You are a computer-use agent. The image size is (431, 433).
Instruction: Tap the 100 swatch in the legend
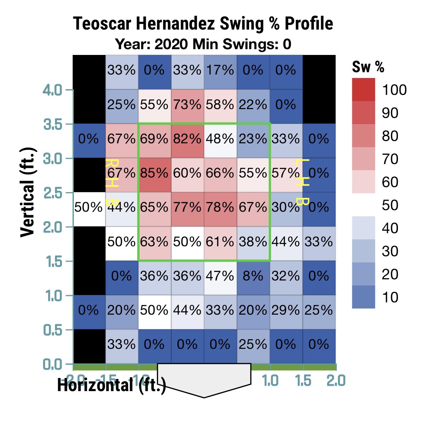363,90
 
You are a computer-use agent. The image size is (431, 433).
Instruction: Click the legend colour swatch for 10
363,297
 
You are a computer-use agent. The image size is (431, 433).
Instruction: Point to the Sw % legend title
368,67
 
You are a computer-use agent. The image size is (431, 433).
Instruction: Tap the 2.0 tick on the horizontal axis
336,380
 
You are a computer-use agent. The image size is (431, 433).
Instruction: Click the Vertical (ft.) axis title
28,192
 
